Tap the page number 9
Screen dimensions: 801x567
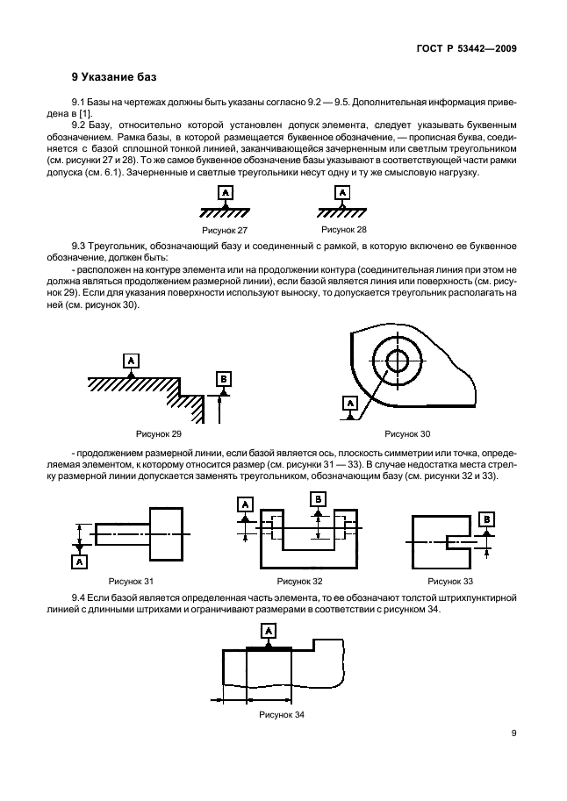tap(513, 736)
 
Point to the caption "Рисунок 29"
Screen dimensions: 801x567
tap(158, 433)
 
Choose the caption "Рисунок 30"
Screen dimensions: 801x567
tap(408, 433)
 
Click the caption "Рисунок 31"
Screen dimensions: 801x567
tap(131, 581)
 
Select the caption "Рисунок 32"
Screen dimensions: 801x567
tap(299, 581)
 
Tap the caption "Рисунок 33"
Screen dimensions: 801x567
tap(450, 581)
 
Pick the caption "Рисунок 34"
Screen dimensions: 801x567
tap(282, 714)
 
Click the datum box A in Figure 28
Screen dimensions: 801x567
tap(340, 191)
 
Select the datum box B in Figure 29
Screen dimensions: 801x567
tap(223, 378)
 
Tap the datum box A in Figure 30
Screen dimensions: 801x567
tap(350, 403)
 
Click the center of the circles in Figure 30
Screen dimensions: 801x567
tap(397, 360)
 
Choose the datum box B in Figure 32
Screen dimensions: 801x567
tap(319, 498)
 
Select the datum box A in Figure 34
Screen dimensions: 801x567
tap(268, 630)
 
